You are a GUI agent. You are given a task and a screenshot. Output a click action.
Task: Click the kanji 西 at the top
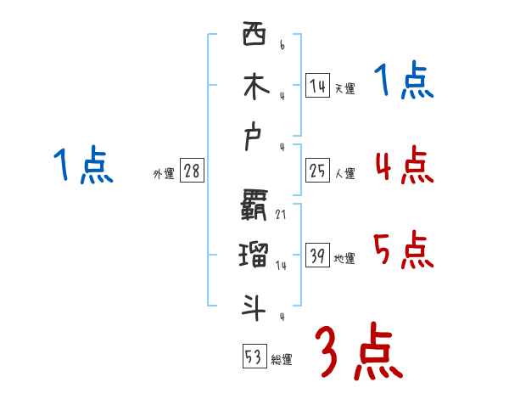(x=254, y=35)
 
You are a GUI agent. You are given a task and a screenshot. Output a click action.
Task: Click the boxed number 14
(x=317, y=85)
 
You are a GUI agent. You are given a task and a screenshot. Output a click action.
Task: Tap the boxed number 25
(x=317, y=171)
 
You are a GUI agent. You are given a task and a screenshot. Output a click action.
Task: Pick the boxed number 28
(x=192, y=171)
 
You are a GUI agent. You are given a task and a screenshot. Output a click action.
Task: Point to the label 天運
(x=344, y=88)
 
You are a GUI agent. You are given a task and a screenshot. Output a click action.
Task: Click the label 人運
(x=344, y=174)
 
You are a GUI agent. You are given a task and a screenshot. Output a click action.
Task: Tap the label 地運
(x=344, y=258)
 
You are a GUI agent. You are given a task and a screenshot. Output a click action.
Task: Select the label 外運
(x=164, y=174)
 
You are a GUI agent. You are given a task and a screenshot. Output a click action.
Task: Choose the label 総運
(x=282, y=359)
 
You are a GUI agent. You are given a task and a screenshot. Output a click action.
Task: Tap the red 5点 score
(x=404, y=250)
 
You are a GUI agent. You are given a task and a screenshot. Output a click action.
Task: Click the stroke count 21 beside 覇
(x=281, y=215)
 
